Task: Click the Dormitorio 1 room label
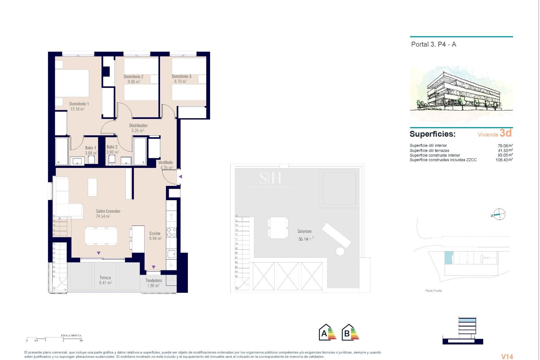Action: (x=79, y=104)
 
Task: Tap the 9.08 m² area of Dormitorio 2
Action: (x=134, y=82)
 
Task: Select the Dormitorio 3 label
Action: (x=181, y=76)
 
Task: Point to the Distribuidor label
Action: (x=138, y=126)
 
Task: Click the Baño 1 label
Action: (x=91, y=148)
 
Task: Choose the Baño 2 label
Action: (x=112, y=147)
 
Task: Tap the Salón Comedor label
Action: (x=108, y=211)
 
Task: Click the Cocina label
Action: (x=155, y=233)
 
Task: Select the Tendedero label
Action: (x=154, y=281)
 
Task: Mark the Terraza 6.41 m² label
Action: (x=105, y=280)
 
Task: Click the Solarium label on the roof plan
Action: (x=304, y=231)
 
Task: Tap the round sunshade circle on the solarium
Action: (x=340, y=251)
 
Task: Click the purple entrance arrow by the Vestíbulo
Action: (x=181, y=177)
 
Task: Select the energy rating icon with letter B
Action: (x=350, y=333)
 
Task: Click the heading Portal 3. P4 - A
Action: (x=433, y=44)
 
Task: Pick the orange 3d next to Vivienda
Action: (x=505, y=133)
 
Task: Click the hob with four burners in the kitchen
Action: (x=172, y=232)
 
